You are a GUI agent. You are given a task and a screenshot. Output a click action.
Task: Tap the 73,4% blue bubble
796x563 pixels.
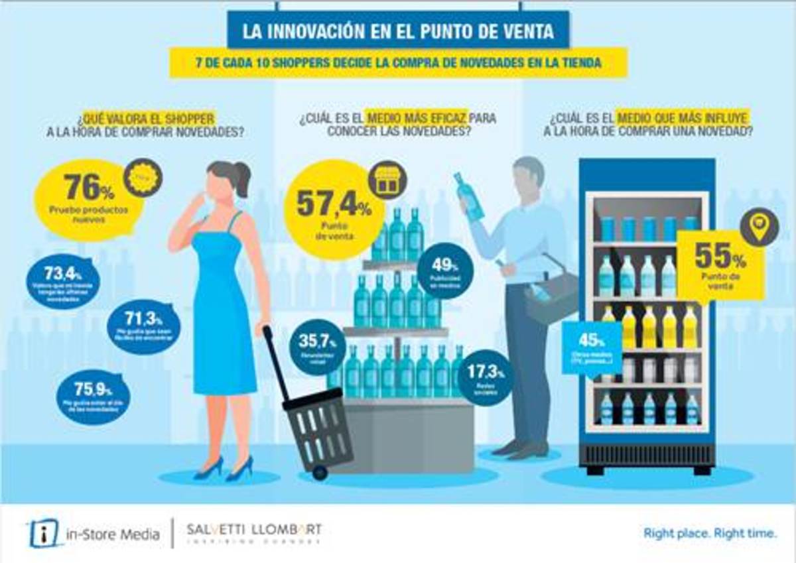pyautogui.click(x=63, y=281)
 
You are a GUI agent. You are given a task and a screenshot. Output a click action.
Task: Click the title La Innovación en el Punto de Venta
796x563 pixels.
pyautogui.click(x=398, y=32)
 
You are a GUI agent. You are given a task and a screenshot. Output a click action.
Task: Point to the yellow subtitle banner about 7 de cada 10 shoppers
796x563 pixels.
pyautogui.click(x=398, y=63)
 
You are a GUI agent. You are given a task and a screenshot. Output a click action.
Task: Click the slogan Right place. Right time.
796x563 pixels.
pyautogui.click(x=710, y=533)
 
